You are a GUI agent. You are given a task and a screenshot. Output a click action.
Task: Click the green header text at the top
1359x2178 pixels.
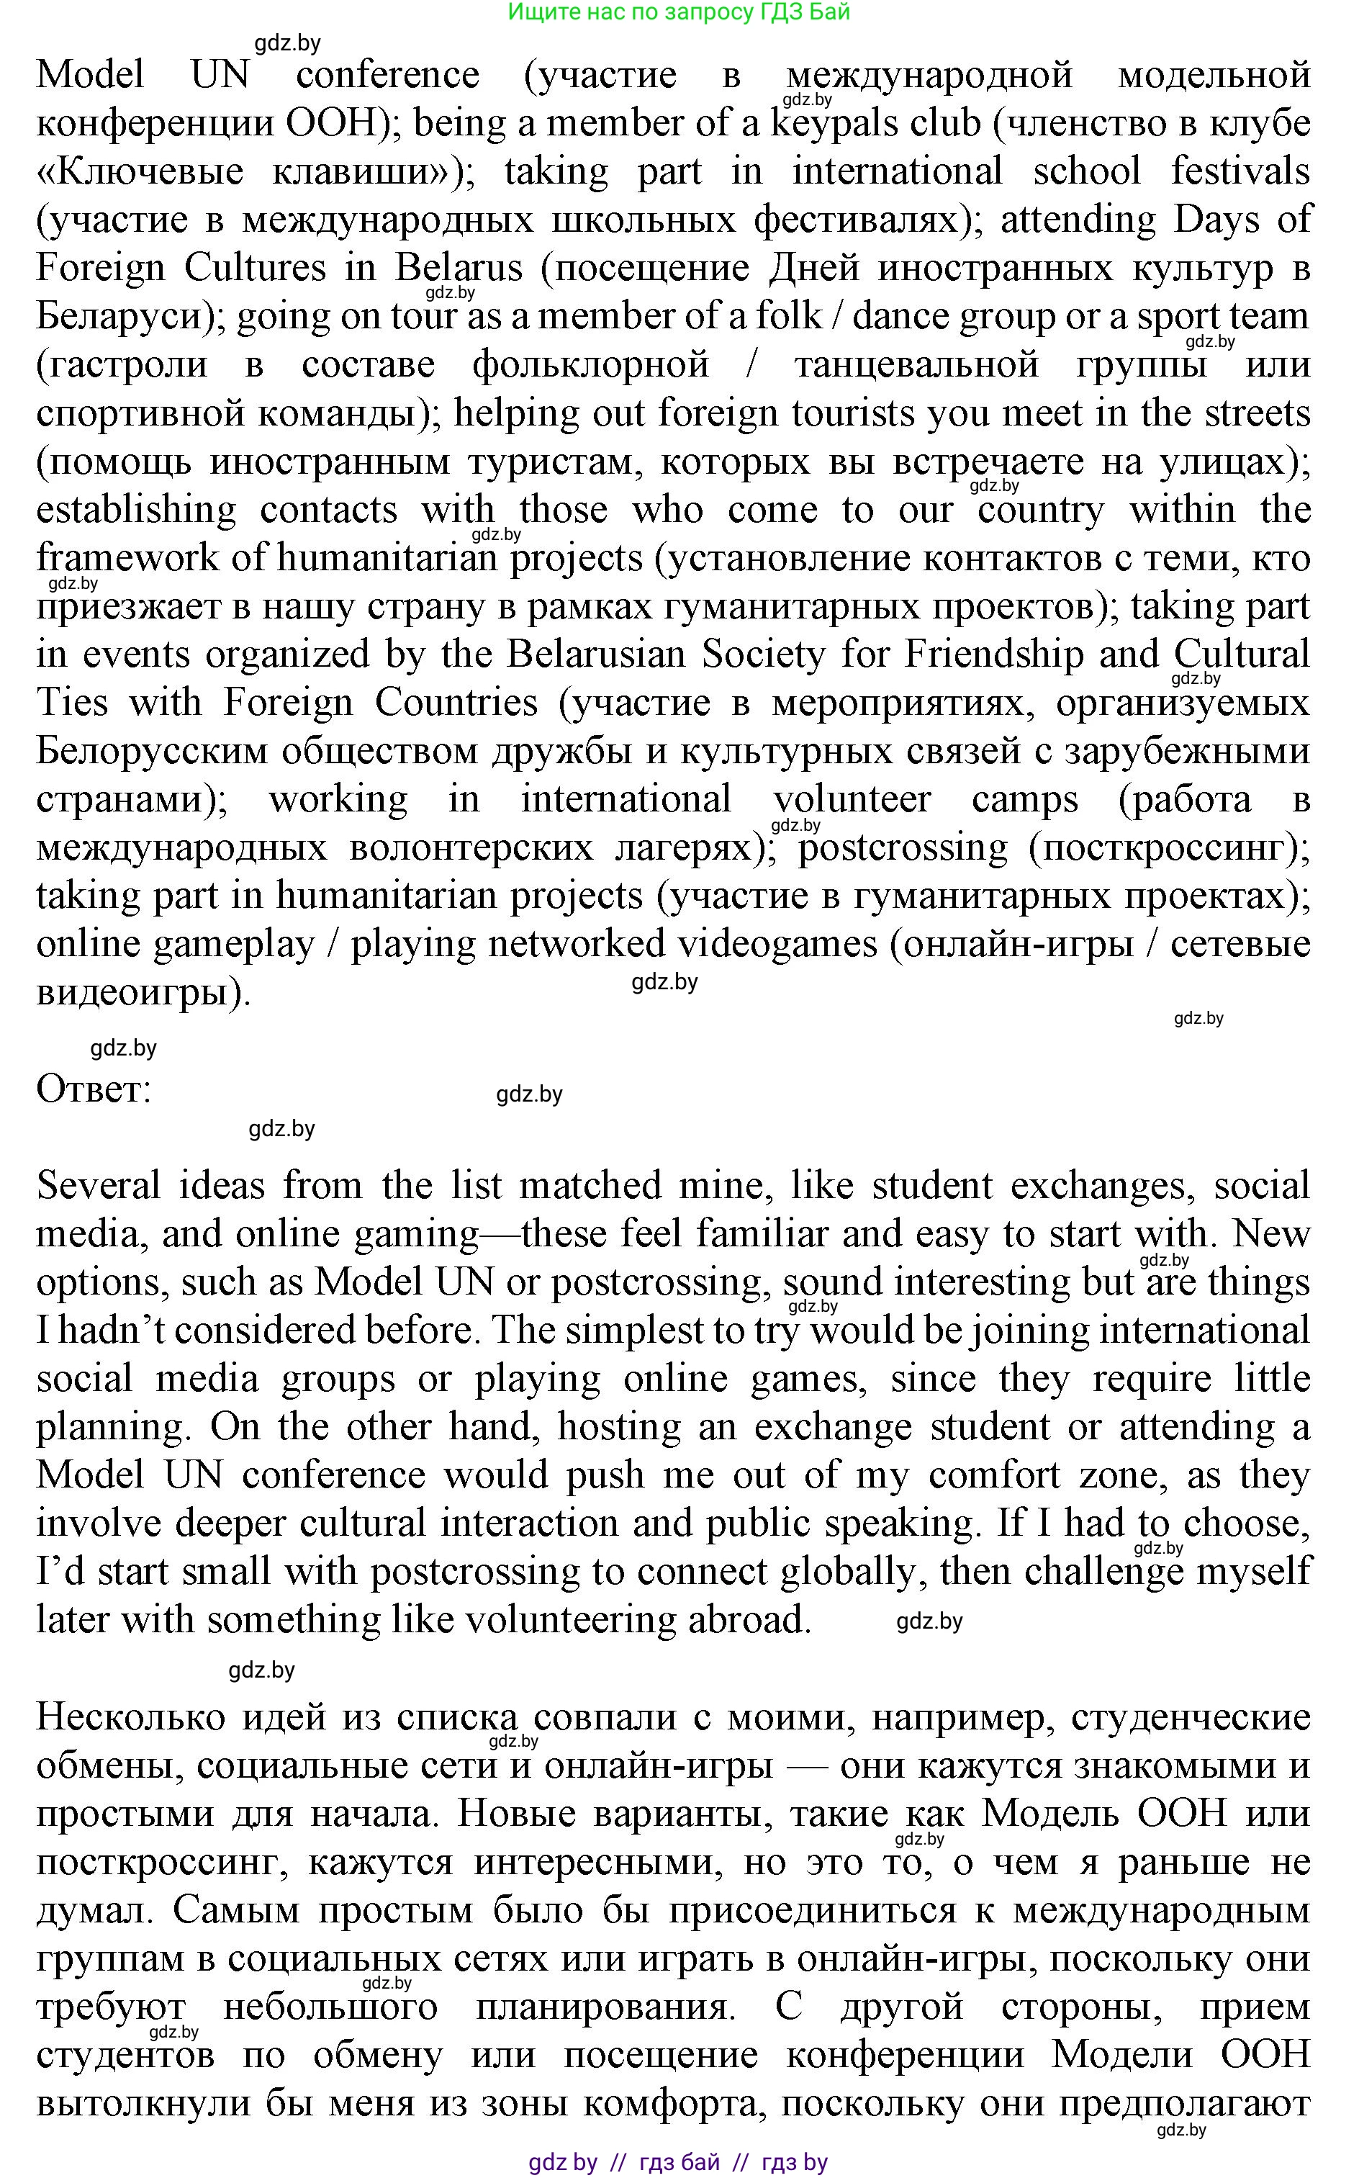(679, 12)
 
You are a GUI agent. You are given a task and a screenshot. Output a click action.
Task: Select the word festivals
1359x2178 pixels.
(1240, 171)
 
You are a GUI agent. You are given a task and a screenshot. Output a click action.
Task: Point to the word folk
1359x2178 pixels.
(788, 316)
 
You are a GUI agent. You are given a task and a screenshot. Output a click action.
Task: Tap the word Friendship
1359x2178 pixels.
(994, 654)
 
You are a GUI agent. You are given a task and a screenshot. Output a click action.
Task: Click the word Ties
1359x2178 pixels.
(72, 703)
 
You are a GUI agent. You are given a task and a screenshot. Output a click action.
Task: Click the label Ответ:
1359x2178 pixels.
(94, 1089)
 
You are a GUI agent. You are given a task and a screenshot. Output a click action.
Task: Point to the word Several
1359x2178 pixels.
(98, 1187)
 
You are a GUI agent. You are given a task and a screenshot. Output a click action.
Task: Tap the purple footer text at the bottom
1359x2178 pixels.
(679, 2162)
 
